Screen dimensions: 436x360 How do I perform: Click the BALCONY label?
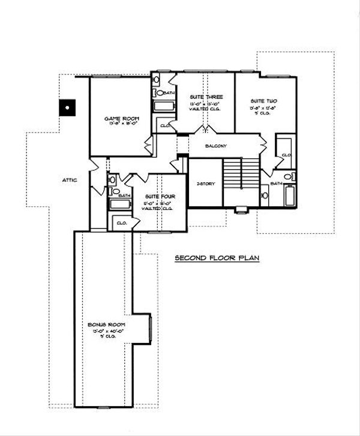(x=215, y=146)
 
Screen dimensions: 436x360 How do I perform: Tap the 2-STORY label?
(x=206, y=184)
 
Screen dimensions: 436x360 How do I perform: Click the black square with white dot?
(x=67, y=109)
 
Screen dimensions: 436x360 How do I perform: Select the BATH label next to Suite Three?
(x=169, y=94)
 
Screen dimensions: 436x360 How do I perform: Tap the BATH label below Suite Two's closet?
(x=275, y=183)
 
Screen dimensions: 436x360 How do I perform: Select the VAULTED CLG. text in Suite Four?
(x=157, y=209)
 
